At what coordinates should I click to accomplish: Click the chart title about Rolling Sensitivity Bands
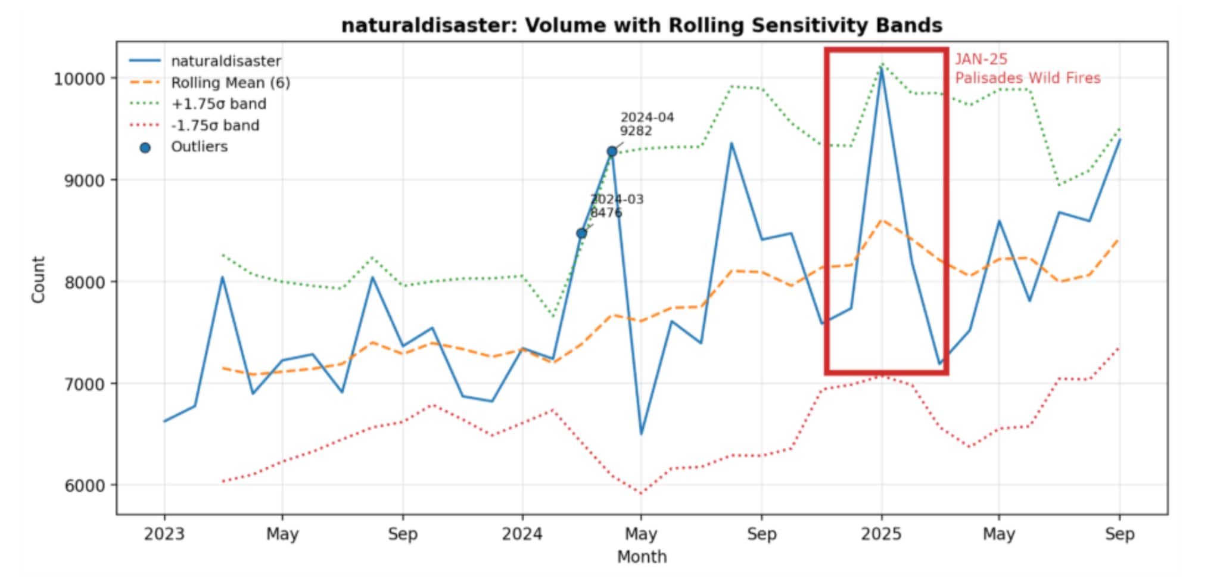click(642, 26)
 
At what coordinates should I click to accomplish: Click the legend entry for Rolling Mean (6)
click(230, 83)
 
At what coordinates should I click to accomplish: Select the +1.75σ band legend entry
click(218, 104)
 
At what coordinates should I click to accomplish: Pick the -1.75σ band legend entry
click(214, 126)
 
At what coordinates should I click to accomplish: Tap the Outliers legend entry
click(199, 147)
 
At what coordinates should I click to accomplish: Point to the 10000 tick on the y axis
click(79, 79)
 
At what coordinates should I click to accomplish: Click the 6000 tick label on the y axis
click(84, 486)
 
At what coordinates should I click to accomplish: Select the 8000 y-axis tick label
click(84, 282)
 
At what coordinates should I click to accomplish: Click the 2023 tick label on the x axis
click(164, 534)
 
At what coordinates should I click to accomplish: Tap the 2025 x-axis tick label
click(881, 534)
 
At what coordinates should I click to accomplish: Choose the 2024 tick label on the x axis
click(522, 534)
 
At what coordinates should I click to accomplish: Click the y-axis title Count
click(39, 280)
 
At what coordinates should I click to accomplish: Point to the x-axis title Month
click(642, 557)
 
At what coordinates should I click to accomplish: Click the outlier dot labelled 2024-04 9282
click(612, 152)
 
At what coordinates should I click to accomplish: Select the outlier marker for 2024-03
click(581, 234)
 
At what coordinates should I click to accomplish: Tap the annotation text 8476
click(606, 213)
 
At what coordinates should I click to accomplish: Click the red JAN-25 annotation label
click(981, 60)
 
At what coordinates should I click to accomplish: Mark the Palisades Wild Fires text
click(1028, 78)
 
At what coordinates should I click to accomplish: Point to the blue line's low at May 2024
click(641, 434)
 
